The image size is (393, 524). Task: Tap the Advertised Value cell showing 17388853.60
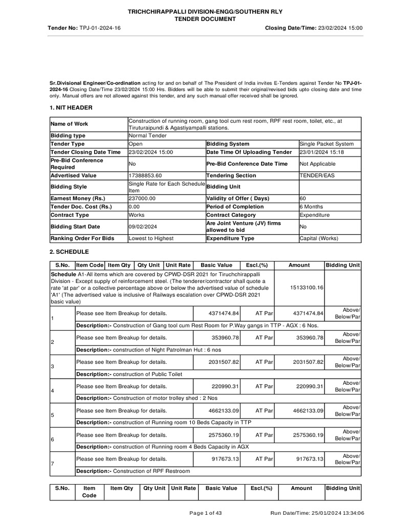146,176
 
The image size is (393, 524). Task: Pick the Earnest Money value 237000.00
143,198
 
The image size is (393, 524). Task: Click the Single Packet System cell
326,144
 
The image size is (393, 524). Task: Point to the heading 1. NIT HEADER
71,107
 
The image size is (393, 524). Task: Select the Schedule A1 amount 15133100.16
299,288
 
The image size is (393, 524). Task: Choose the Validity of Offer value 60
303,198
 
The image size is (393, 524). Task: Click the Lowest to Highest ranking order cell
151,238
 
